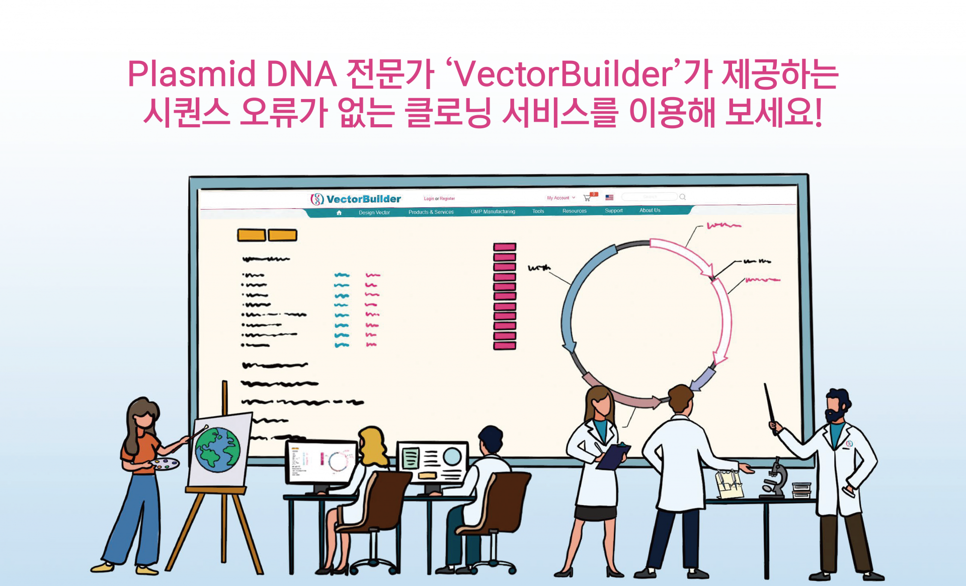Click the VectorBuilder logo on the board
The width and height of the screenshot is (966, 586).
click(356, 199)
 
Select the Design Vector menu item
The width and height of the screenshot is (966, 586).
click(374, 212)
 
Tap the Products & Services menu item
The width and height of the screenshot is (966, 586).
click(431, 212)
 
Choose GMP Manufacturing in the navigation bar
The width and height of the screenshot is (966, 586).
click(493, 211)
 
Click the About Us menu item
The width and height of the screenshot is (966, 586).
click(650, 210)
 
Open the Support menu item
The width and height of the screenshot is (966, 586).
click(613, 210)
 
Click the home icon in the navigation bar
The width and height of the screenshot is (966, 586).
click(339, 213)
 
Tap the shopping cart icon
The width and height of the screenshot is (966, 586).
click(587, 198)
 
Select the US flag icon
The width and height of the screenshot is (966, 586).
click(609, 197)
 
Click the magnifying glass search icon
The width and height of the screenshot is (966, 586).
click(683, 197)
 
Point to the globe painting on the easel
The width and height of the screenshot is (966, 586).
click(218, 449)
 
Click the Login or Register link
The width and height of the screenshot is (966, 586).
click(439, 199)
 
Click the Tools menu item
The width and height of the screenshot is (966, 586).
click(538, 211)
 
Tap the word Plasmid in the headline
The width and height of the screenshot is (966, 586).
click(192, 74)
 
